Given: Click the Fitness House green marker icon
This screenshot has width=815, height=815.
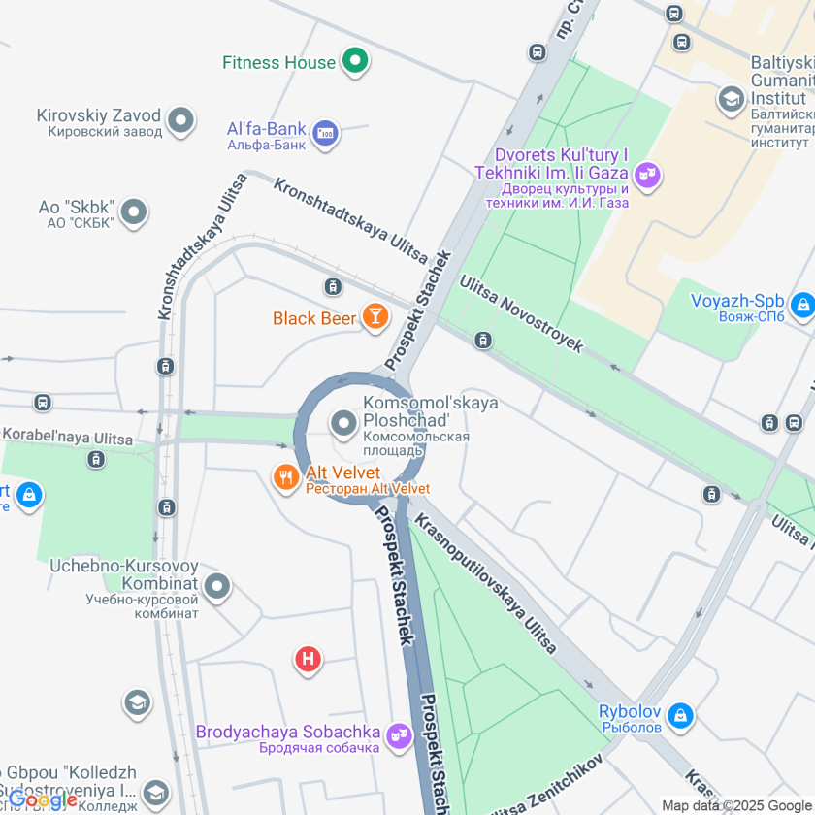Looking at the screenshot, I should pos(356,62).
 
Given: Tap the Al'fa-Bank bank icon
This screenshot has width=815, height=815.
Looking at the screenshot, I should pos(326,134).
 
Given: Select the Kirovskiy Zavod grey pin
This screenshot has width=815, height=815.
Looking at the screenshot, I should pos(180,121).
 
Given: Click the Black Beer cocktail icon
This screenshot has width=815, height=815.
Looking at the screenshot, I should pos(374,316).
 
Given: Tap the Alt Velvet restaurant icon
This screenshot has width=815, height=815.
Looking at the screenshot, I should pos(285,477).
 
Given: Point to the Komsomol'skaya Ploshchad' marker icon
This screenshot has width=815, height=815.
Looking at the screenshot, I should pos(342,423).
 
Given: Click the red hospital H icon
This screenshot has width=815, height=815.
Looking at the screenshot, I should pos(309,660).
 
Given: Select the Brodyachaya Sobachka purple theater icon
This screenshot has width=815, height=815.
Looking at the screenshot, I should pos(396,737).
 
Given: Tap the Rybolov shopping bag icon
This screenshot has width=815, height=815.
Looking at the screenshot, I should pos(681,715).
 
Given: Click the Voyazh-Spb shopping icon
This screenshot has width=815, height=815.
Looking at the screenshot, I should pos(801,307).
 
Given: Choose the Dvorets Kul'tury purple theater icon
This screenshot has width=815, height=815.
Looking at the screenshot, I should pos(648,175).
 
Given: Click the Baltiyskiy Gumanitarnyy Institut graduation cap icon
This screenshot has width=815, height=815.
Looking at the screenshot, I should pos(730,98).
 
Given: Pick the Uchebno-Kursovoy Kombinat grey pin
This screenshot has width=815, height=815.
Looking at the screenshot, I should pos(218,586).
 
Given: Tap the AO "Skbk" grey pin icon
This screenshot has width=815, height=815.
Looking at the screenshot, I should pos(134,212).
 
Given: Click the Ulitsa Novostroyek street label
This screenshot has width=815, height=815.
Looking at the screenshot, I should pos(521,312).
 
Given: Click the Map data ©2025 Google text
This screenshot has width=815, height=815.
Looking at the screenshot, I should pos(736,805).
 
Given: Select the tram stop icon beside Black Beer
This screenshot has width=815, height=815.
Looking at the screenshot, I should pos(333,286).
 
